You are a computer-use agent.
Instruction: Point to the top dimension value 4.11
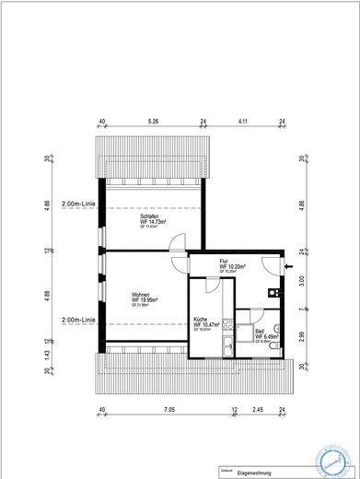click(x=243, y=121)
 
